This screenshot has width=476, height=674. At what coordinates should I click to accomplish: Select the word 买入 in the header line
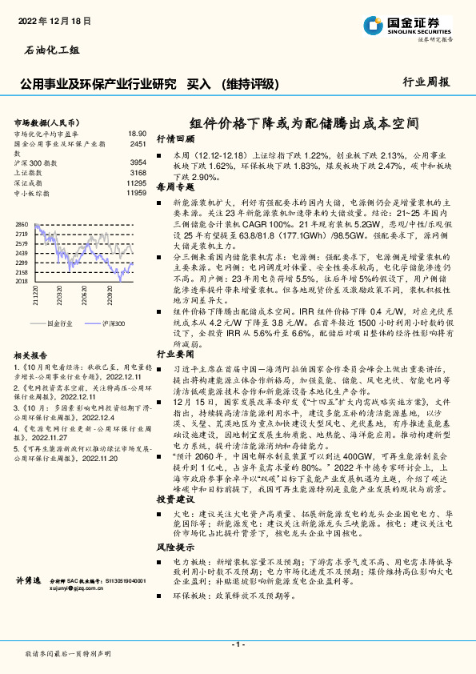tap(198, 83)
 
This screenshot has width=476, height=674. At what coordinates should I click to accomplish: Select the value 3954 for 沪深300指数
tap(138, 162)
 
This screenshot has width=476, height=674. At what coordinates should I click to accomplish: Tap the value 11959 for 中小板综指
tap(136, 193)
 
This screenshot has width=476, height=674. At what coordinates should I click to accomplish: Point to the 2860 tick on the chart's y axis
tap(22, 224)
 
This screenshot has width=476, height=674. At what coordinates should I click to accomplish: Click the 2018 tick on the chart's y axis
tap(22, 281)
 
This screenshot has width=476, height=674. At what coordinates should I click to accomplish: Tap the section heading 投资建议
tap(175, 499)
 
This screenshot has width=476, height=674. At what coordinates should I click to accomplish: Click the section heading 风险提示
tap(175, 547)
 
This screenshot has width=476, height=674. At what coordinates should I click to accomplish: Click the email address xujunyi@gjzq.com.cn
tap(78, 588)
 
